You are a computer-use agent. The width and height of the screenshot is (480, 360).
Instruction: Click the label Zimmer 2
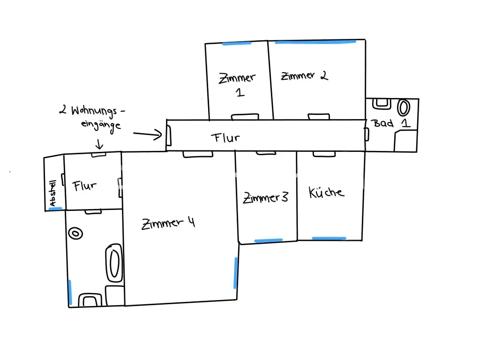tap(305, 75)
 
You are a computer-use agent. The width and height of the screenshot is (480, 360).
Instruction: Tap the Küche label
tap(326, 192)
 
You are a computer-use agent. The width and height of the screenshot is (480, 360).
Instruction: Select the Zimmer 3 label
tap(265, 197)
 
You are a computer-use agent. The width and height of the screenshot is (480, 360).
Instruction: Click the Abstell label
tap(52, 193)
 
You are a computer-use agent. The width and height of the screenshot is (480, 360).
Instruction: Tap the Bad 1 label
tap(390, 123)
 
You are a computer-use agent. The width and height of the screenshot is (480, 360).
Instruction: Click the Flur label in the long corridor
tap(225, 138)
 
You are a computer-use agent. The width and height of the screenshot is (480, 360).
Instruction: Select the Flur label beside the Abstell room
tap(84, 186)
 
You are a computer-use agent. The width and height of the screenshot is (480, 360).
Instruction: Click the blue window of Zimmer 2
tap(315, 42)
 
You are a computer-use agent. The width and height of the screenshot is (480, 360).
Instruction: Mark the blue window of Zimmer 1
tap(237, 44)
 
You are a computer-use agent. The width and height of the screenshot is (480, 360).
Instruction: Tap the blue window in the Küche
tap(329, 238)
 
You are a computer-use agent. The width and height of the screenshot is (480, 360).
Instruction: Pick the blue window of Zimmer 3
tap(269, 240)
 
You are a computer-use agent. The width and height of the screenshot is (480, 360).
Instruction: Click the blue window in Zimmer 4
tap(235, 273)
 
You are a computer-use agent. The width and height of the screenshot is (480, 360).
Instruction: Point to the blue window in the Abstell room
tap(55, 209)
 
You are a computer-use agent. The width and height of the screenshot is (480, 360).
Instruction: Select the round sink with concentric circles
tap(75, 233)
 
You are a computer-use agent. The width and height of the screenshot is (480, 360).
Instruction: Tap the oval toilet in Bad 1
tap(404, 108)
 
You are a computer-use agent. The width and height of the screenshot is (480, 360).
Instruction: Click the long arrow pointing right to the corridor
tap(148, 134)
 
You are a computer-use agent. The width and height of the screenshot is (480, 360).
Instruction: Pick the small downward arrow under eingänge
tap(99, 144)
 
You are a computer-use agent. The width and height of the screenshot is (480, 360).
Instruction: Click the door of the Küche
tap(324, 154)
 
